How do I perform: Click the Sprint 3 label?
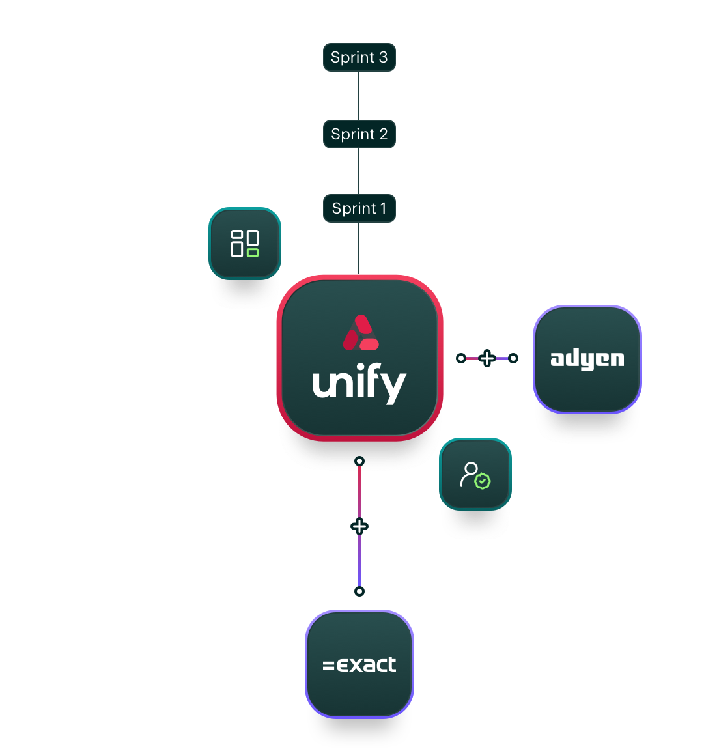tap(359, 57)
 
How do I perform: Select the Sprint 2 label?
tap(359, 134)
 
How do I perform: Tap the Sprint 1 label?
tap(359, 208)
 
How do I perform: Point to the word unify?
tap(359, 384)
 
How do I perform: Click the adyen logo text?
tap(587, 359)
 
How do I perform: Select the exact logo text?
tap(359, 665)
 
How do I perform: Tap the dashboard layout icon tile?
tap(245, 244)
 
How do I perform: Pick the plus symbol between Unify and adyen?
tap(487, 358)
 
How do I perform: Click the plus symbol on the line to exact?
tap(359, 526)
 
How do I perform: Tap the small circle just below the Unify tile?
tap(359, 461)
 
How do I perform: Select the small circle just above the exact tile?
tap(359, 591)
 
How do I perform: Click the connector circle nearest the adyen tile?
tap(513, 358)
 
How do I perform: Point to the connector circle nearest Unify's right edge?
tap(461, 358)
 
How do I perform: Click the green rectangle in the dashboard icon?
tap(253, 252)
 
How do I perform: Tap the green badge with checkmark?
tap(483, 481)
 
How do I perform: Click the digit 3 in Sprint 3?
tap(384, 57)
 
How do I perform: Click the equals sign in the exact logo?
tap(329, 666)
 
